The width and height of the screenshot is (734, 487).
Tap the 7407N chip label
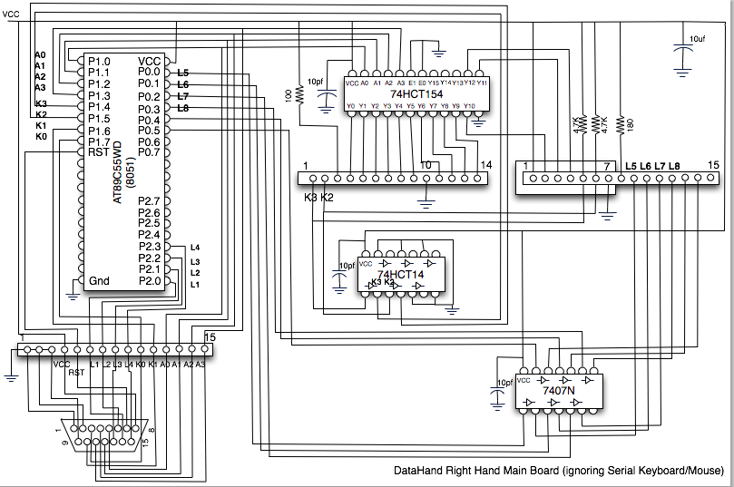click(x=559, y=391)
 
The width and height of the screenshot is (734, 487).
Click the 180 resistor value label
click(x=621, y=122)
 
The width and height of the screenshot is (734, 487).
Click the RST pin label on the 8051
click(x=98, y=152)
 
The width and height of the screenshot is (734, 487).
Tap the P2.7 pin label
click(x=149, y=200)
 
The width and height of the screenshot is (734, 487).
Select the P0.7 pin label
click(x=149, y=152)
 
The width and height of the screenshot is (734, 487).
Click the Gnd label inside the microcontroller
click(x=99, y=281)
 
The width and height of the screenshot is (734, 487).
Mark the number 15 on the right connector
click(x=714, y=165)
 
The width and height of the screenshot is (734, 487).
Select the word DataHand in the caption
click(x=418, y=472)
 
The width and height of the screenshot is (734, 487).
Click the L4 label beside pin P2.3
click(x=194, y=248)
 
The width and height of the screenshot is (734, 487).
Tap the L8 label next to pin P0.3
click(x=183, y=109)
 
